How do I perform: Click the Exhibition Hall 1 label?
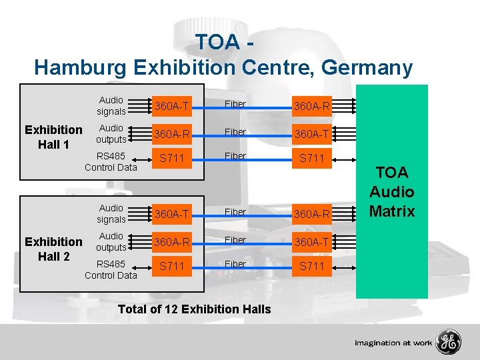coord(53,137)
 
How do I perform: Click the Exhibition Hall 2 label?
coord(53,249)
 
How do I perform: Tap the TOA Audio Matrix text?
coord(392,192)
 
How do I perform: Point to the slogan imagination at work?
coord(393,343)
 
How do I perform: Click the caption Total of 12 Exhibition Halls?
coord(194,309)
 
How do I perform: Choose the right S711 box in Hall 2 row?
coord(312,265)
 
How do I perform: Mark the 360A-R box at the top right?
coord(312,105)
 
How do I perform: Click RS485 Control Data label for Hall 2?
coord(111,269)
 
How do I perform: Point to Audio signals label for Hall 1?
coord(111,105)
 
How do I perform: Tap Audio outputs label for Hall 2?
coord(111,241)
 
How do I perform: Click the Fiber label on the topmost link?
coord(235,104)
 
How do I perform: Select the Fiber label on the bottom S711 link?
coord(235,264)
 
